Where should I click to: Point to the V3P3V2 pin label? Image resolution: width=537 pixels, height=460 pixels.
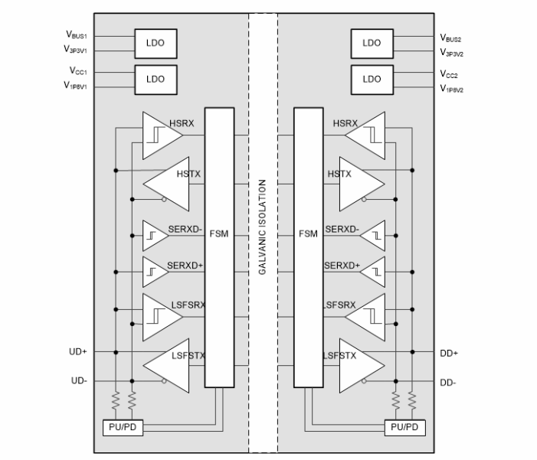(451, 53)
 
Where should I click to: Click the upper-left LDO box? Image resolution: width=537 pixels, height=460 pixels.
(156, 43)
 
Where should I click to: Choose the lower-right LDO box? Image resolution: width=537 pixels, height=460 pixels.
(371, 79)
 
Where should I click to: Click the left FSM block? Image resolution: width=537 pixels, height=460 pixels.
(219, 234)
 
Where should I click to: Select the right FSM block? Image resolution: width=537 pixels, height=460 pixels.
(308, 234)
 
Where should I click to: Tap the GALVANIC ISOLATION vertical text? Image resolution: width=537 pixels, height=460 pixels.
(263, 227)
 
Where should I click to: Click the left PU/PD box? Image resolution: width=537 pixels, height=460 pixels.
(122, 426)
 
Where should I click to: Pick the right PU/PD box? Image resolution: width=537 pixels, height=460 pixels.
(404, 426)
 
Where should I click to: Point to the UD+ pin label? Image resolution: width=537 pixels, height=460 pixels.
(79, 352)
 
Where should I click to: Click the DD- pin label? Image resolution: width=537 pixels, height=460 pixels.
(448, 381)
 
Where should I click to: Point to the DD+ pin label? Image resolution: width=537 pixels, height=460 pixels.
(449, 352)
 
